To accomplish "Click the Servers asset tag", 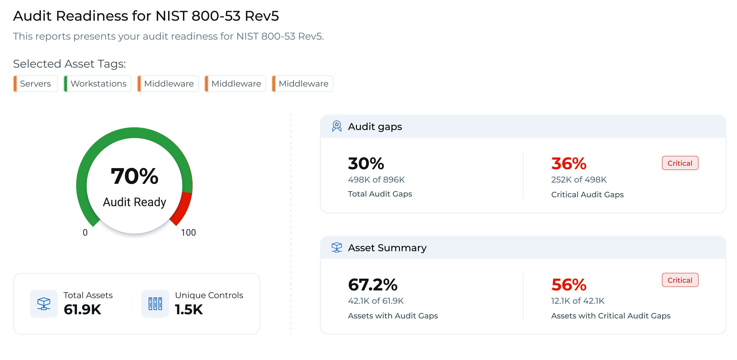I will (35, 84).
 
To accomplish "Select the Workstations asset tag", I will (98, 84).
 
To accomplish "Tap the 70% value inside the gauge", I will (134, 176).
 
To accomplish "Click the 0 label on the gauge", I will (85, 232).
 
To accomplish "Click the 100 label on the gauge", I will (188, 232).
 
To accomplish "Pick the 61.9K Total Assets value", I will (83, 310).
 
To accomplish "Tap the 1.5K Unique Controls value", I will (189, 310).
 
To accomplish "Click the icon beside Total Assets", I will (44, 304).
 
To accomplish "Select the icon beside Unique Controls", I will (155, 304).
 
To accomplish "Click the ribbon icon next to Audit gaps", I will (337, 126).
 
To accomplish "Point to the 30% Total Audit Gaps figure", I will (366, 163).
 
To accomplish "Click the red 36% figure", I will (569, 163).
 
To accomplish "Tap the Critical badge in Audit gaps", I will (680, 163).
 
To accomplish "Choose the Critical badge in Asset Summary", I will (680, 280).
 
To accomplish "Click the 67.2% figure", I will (373, 284).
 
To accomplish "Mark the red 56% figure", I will (569, 284).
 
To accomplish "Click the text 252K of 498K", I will (579, 180).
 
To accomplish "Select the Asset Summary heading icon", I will (337, 248).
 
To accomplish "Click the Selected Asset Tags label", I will (69, 64).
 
